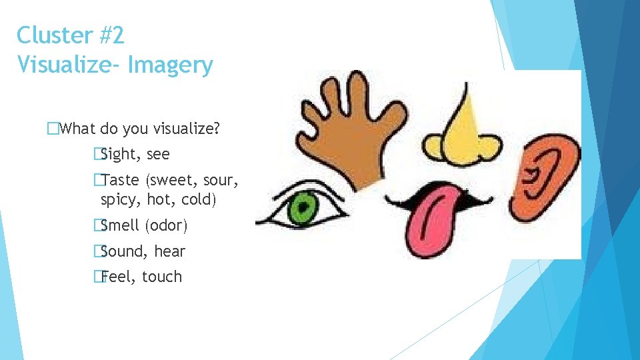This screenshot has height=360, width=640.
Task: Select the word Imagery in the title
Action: pos(170,65)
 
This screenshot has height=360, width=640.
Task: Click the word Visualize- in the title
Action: pos(69,65)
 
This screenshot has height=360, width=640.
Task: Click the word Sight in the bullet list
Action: pos(121,155)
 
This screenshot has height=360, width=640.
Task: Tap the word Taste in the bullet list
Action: pos(122,180)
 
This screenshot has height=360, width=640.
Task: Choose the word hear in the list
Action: pos(169,251)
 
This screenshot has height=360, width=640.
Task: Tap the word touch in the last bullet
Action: pos(162,277)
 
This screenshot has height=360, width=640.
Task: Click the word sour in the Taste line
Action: pos(220,180)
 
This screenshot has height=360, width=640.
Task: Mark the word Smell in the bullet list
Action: pos(121,226)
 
